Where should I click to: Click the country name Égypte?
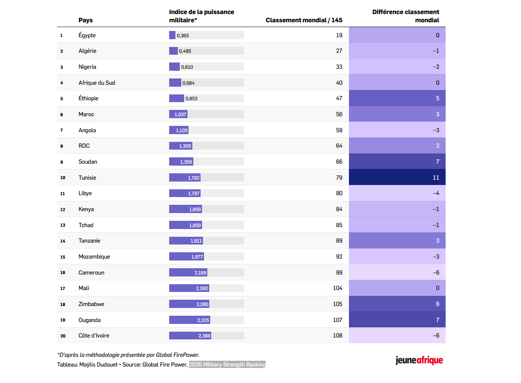pos(87,35)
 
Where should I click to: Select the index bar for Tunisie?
pos(185,178)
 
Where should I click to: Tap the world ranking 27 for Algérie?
pos(339,51)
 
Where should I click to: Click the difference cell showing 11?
pos(397,178)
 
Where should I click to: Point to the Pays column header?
pos(86,20)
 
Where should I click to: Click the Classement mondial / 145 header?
pos(304,20)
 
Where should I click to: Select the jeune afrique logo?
pos(419,360)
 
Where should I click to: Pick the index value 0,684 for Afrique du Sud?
pos(188,83)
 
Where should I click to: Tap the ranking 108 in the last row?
pos(337,336)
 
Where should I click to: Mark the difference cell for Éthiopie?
pos(397,98)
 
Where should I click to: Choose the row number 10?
pos(62,178)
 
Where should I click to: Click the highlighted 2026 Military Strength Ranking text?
pos(227,365)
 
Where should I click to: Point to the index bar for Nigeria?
pos(174,67)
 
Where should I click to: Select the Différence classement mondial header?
pos(405,16)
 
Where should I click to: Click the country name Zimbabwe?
pos(91,304)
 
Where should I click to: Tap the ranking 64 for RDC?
pos(339,146)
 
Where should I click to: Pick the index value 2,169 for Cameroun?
pos(201,273)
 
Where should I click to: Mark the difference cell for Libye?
pos(397,193)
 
